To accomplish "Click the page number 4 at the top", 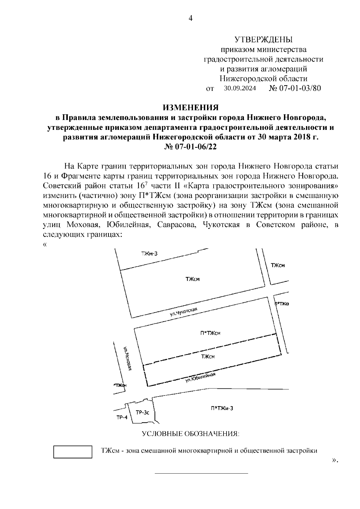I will click(190, 19).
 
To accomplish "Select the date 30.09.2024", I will click(240, 89).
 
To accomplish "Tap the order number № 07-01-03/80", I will click(295, 88).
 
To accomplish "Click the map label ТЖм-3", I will click(149, 254).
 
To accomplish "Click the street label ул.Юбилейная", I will click(200, 378).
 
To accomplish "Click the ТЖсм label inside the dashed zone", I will click(208, 357).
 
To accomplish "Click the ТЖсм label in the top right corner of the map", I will click(277, 265).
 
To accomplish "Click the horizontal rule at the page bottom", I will click(201, 474).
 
